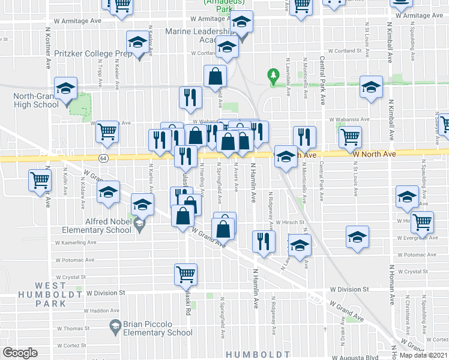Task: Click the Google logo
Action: click(x=20, y=353)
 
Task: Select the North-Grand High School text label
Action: click(x=37, y=100)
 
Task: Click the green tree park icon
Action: click(x=274, y=76)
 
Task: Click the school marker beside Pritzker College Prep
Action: click(x=138, y=43)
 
